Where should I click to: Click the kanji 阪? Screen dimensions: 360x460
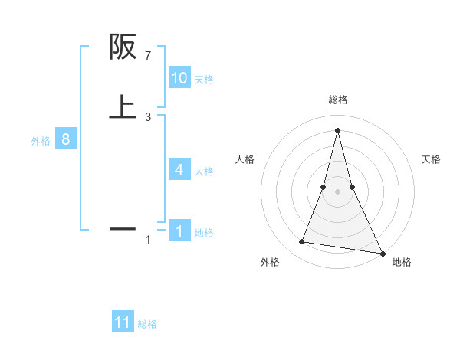click(123, 47)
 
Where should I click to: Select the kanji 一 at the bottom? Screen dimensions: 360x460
click(123, 227)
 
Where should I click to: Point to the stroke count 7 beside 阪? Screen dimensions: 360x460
click(148, 57)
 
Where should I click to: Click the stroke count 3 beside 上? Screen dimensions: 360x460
click(148, 117)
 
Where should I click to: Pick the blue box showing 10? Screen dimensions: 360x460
click(179, 78)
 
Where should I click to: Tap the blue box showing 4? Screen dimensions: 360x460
click(179, 170)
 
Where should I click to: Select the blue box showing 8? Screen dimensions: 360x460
click(66, 139)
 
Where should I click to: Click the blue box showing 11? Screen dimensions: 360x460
click(123, 322)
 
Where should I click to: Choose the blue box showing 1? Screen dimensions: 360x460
click(179, 231)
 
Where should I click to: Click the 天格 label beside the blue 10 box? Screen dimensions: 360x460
click(204, 80)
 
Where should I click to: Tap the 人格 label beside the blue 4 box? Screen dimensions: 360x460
click(204, 172)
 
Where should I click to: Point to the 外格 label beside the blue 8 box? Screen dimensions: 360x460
click(41, 141)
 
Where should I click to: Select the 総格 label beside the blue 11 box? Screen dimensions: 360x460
click(147, 324)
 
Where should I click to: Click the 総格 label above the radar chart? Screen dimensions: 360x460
click(337, 100)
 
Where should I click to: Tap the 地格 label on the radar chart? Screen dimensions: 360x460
click(402, 263)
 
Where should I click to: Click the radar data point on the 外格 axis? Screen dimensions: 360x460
click(301, 242)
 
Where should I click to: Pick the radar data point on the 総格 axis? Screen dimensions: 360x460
click(337, 129)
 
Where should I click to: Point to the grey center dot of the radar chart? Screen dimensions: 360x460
click(337, 191)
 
